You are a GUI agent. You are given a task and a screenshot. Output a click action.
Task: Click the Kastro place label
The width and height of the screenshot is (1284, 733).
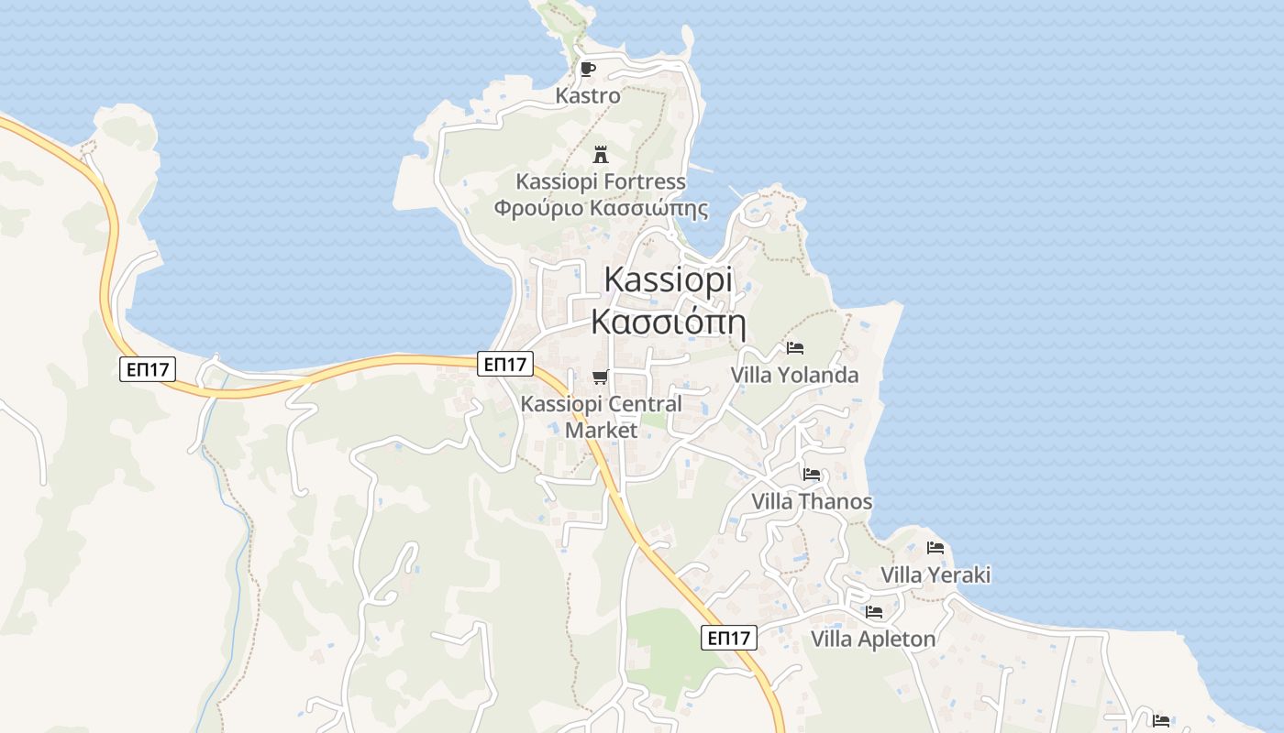tap(588, 95)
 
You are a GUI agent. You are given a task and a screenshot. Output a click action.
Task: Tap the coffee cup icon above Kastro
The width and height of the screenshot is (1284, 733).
tap(588, 69)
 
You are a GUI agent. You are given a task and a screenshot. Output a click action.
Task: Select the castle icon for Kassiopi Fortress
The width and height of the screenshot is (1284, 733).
tap(601, 154)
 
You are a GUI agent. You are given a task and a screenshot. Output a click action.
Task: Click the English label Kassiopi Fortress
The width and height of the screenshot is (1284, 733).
tap(601, 181)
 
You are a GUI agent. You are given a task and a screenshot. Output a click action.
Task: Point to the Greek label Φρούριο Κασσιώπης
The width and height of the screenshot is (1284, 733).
tap(601, 208)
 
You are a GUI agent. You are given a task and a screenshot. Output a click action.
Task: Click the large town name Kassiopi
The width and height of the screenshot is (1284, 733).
tap(669, 280)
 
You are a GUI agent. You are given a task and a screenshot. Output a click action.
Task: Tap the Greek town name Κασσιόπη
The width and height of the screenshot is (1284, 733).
tap(667, 322)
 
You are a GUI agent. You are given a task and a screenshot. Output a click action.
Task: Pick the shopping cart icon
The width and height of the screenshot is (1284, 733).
tap(601, 377)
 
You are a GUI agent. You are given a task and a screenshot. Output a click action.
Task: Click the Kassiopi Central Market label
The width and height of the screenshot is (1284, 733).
tap(601, 416)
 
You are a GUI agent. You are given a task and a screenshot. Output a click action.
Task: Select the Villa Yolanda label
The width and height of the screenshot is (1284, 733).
tap(794, 375)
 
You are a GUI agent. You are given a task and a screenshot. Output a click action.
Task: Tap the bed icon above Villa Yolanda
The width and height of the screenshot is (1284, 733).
tap(795, 348)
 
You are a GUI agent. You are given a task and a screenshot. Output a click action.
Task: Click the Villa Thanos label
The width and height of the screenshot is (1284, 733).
tap(812, 501)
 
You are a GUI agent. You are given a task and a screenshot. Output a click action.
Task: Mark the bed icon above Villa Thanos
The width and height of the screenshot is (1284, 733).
tap(812, 475)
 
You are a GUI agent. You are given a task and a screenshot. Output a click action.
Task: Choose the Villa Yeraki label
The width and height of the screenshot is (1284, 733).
tap(935, 575)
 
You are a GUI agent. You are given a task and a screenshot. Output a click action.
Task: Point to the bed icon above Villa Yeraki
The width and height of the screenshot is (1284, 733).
tap(935, 548)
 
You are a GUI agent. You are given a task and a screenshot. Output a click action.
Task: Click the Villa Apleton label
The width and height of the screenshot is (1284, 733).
tap(873, 639)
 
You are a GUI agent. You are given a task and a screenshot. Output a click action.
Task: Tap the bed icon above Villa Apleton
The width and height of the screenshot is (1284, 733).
tap(873, 612)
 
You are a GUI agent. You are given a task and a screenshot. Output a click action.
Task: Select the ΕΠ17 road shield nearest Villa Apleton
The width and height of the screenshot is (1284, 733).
tap(729, 638)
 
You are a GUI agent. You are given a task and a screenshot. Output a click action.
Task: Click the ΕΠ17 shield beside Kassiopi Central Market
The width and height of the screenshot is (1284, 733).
tap(505, 364)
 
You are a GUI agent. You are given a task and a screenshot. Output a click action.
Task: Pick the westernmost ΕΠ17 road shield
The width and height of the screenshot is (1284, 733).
tap(148, 369)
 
